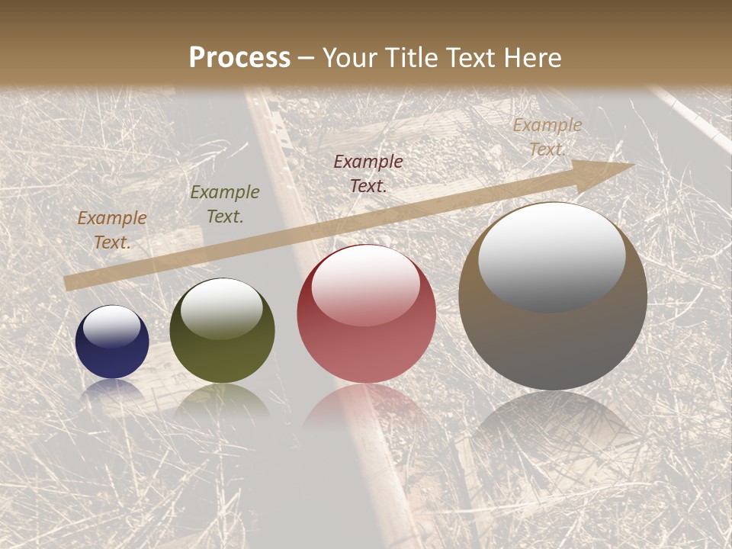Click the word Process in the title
pos(239,57)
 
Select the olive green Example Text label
pos(224,204)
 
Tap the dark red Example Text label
pos(368,173)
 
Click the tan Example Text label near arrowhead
pos(547,137)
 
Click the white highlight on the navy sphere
pos(112,326)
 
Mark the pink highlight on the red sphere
pos(365,284)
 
